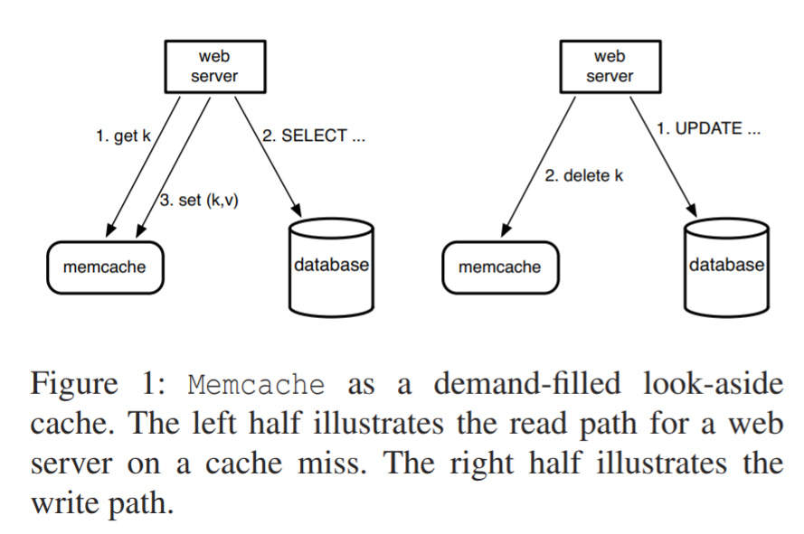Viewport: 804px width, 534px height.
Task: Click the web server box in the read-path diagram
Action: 214,67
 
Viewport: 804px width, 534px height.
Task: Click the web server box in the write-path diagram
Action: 609,67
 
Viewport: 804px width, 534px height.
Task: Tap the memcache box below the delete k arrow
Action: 499,267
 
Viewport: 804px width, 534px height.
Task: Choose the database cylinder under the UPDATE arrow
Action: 726,265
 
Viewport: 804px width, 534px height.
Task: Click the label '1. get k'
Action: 123,136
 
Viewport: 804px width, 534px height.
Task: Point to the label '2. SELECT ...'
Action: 313,136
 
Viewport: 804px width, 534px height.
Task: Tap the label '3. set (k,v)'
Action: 199,201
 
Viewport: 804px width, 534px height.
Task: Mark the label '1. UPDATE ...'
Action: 708,128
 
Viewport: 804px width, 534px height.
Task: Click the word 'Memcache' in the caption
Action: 256,385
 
